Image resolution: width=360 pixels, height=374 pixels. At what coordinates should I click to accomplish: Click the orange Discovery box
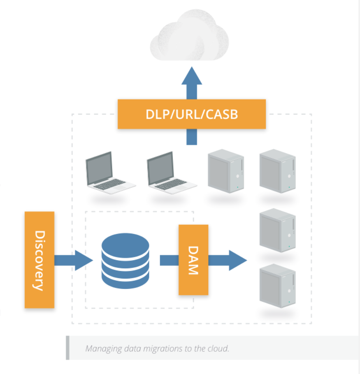pyautogui.click(x=39, y=260)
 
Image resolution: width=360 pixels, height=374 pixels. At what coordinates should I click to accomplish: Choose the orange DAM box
pyautogui.click(x=193, y=260)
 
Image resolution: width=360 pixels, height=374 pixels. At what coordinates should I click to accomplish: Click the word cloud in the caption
pyautogui.click(x=218, y=349)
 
